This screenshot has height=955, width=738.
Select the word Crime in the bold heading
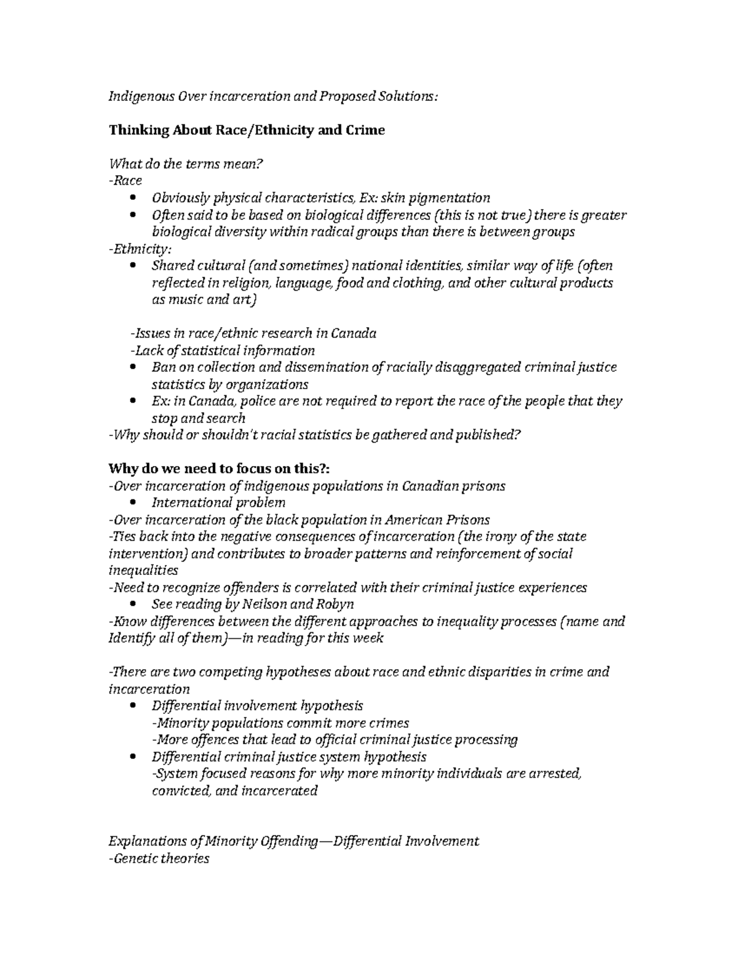pos(365,130)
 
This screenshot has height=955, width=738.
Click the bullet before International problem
pos(133,503)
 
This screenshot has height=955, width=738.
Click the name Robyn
pos(335,604)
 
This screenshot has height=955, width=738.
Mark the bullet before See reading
pos(133,604)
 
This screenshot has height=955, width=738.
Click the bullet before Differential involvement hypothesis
pos(133,706)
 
